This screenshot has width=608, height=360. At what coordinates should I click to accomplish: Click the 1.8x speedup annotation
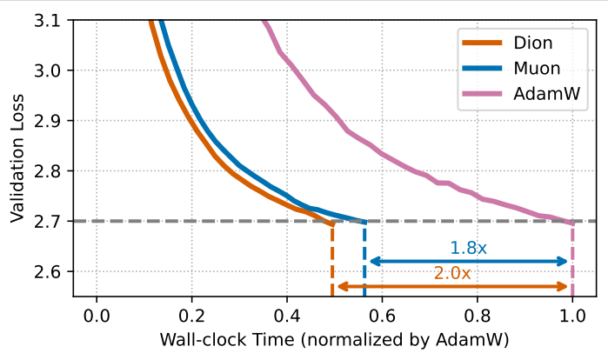[x=468, y=248]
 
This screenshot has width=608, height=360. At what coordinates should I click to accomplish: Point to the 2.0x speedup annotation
[x=452, y=273]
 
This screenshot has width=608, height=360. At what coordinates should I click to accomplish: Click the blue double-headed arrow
[x=468, y=261]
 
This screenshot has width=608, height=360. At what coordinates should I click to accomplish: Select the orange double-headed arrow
[x=452, y=286]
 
